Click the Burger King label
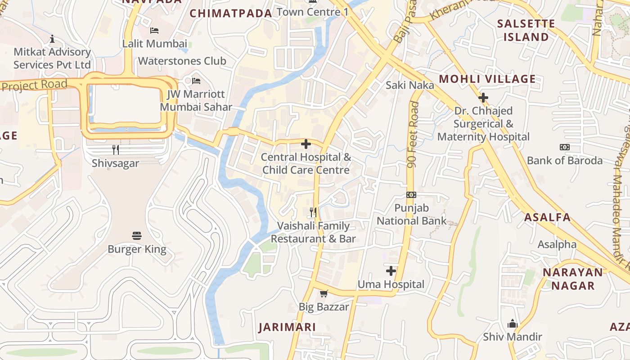(137, 249)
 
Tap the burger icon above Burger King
(137, 235)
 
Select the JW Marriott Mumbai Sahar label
(196, 101)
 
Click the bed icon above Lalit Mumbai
(154, 31)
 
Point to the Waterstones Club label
(182, 61)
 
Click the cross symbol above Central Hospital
(306, 144)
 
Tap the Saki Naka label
(410, 85)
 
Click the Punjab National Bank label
(411, 215)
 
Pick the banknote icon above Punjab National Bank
(411, 195)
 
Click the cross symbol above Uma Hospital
(391, 271)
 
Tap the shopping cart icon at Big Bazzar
(324, 294)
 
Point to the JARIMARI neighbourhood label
(287, 327)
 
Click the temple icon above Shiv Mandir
(513, 324)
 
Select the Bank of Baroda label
(564, 161)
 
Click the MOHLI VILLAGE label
(487, 79)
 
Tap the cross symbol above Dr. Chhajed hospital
(483, 97)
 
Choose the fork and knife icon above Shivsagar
(116, 149)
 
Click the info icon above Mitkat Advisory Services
(52, 39)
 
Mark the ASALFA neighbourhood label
(547, 217)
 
